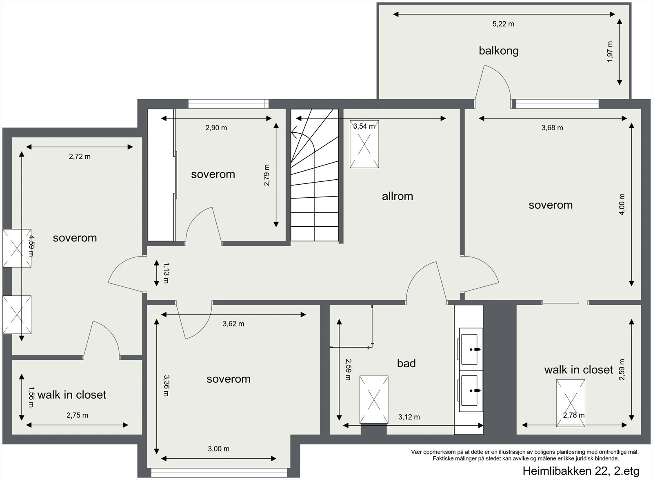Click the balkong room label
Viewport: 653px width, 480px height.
click(498, 51)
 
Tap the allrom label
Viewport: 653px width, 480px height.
click(398, 196)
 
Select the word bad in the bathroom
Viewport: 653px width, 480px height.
click(406, 363)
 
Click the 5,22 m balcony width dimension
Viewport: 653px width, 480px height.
click(503, 24)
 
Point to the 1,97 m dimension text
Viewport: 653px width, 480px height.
click(610, 51)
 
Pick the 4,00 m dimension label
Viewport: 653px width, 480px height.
click(622, 204)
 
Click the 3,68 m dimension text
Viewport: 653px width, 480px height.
click(552, 128)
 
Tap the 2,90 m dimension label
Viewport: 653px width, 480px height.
click(216, 128)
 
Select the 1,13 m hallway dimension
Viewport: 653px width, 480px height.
click(166, 273)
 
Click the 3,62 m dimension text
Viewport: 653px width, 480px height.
click(233, 324)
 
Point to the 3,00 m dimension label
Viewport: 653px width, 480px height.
click(218, 449)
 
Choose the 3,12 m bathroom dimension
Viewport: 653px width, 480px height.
click(409, 417)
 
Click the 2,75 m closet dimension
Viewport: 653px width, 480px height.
click(77, 415)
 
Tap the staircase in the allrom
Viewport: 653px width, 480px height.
click(315, 175)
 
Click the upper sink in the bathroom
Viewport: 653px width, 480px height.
click(469, 349)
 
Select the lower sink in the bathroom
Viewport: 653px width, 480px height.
click(469, 391)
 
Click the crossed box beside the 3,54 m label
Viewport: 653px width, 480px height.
click(364, 144)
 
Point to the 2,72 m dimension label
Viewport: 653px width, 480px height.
click(80, 157)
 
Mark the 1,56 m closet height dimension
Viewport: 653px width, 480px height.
click(31, 397)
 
